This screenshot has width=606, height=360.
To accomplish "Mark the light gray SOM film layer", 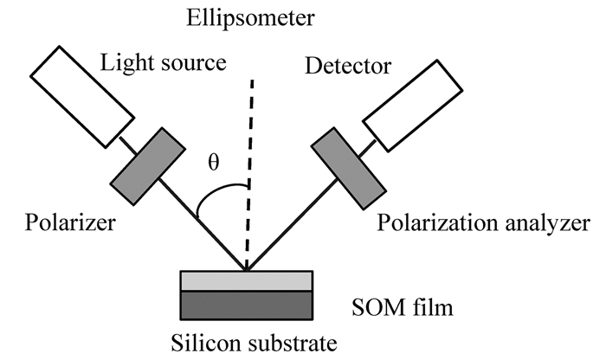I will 246,280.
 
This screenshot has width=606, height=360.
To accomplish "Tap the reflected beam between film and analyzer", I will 290,227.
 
